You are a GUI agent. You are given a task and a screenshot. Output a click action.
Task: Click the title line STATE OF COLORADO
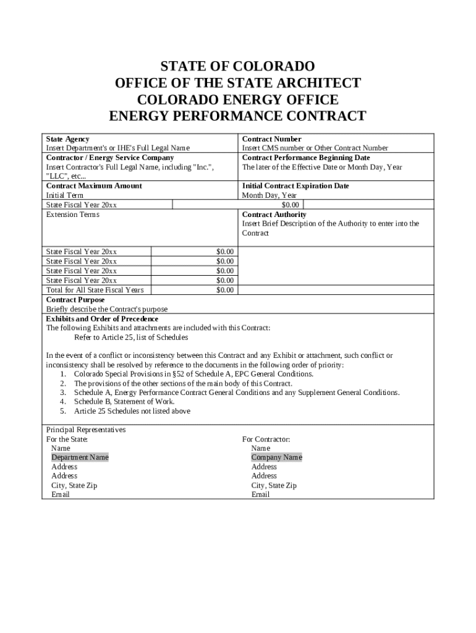(237, 66)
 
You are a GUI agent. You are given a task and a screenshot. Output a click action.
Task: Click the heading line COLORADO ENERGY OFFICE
(237, 100)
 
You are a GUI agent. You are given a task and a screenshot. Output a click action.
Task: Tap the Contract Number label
(271, 139)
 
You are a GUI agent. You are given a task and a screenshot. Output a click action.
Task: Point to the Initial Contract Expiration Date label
(295, 185)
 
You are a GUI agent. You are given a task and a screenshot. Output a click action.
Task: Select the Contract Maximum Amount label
(94, 185)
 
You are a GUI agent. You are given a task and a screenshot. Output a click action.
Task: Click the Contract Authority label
(274, 215)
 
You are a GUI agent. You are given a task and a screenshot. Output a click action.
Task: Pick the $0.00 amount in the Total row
(225, 290)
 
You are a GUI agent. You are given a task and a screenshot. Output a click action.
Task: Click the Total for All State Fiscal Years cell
(95, 290)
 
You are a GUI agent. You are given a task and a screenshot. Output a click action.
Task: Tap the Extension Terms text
(72, 215)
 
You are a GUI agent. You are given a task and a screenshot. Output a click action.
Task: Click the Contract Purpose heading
(75, 300)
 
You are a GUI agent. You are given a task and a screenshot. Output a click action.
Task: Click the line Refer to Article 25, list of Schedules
(131, 338)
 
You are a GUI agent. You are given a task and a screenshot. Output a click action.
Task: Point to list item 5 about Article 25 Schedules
(132, 411)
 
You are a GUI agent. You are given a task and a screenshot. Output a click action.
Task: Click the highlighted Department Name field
(80, 457)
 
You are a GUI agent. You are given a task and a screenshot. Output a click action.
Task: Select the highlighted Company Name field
(276, 457)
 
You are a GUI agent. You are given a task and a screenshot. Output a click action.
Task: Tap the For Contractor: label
(266, 439)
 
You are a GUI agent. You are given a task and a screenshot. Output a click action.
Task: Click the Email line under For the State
(61, 495)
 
